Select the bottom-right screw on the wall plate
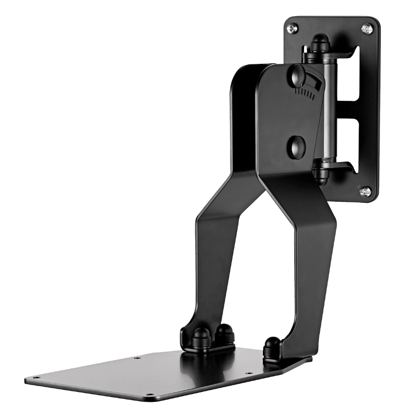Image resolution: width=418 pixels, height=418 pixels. [366, 191]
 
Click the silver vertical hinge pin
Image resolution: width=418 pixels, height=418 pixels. [328, 110]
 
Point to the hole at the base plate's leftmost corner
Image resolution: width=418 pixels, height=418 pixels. [36, 377]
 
